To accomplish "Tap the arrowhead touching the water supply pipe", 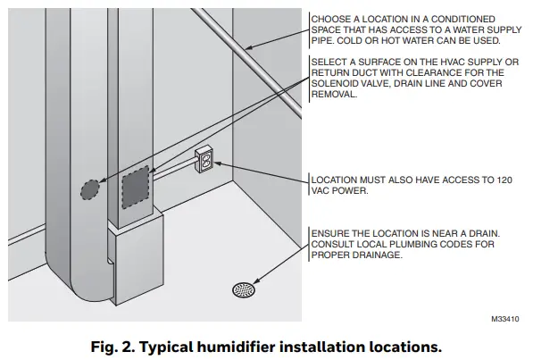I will (246, 46).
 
